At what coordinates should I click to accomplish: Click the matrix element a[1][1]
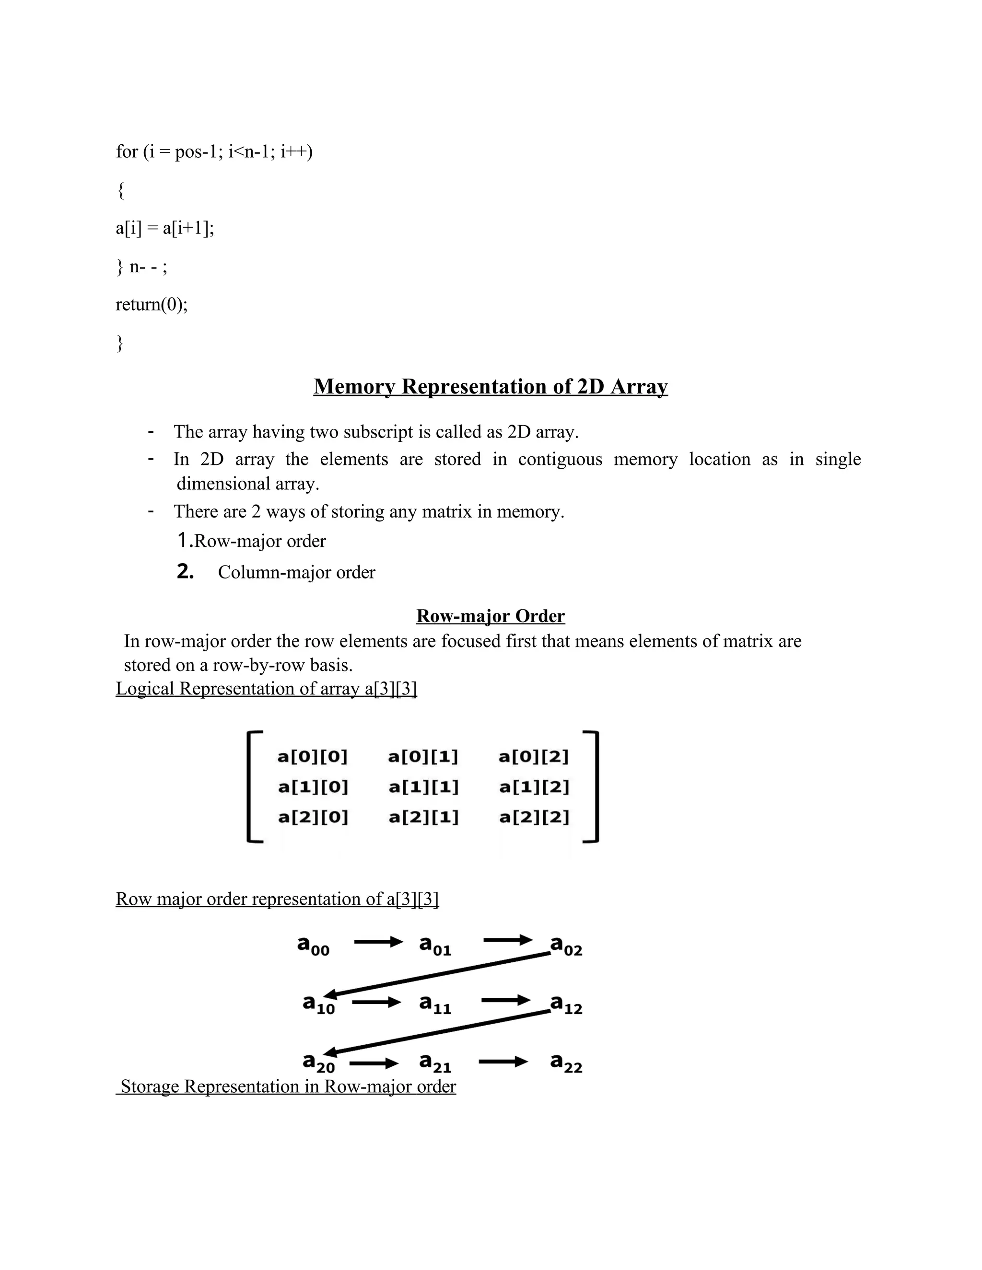[x=423, y=787]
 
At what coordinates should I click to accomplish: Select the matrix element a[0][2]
[x=534, y=757]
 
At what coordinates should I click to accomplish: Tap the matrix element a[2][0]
[x=313, y=818]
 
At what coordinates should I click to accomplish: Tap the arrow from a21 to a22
[x=503, y=1062]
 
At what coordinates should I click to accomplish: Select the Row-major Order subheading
[x=491, y=616]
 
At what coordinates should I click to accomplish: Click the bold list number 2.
[x=185, y=572]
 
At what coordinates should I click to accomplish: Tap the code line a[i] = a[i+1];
[x=164, y=228]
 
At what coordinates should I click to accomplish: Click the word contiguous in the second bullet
[x=560, y=460]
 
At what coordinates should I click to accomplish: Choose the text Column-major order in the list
[x=297, y=573]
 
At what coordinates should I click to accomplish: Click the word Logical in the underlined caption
[x=145, y=689]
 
